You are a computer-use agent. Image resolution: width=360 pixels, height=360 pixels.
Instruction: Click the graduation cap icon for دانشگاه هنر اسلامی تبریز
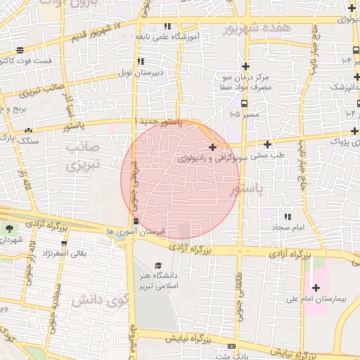coord(158,265)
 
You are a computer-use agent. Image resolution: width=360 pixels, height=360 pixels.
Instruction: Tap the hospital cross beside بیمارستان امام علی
coord(316,288)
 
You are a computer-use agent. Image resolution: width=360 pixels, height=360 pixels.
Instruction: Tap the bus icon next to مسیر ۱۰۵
coord(233,113)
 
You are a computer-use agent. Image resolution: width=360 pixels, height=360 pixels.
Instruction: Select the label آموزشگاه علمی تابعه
coord(170,37)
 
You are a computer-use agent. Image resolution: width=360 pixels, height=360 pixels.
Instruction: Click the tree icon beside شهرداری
coord(9,229)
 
